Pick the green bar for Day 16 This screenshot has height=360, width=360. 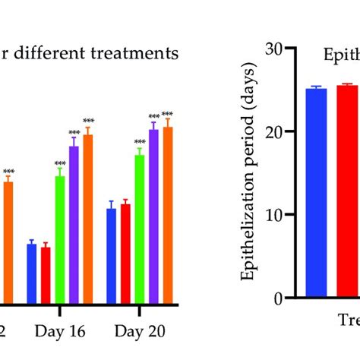(60, 239)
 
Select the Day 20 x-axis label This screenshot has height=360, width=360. (140, 331)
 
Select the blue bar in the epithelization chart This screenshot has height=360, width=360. (316, 193)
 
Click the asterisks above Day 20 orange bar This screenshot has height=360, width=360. (167, 114)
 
